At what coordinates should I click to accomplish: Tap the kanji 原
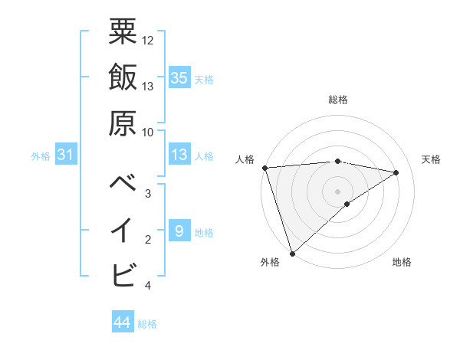[123, 123]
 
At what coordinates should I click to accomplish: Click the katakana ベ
[123, 182]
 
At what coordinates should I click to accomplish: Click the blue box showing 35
[179, 78]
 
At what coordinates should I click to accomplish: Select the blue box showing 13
[179, 155]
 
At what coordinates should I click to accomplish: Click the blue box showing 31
[66, 155]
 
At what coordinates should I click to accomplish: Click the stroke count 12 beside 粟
[149, 40]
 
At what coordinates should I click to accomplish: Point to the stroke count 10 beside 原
[148, 132]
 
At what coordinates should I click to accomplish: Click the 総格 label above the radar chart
[338, 100]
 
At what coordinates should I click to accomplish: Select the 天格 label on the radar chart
[431, 159]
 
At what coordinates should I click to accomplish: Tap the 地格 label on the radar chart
[402, 262]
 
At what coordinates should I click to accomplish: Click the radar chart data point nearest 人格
[264, 168]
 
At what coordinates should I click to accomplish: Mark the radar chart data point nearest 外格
[292, 253]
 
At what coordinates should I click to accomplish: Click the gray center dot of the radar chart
[337, 190]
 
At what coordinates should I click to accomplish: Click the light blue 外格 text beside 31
[41, 156]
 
